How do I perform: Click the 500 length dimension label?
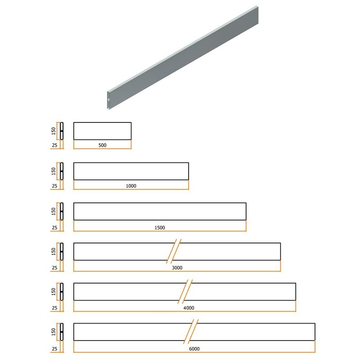[x=103, y=145]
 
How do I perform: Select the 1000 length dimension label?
[x=131, y=186]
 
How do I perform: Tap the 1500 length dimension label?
[x=160, y=228]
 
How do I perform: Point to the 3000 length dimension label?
[x=177, y=268]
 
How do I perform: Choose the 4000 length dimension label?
[x=189, y=308]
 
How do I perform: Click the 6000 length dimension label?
[x=194, y=349]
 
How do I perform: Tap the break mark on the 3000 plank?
[x=174, y=251]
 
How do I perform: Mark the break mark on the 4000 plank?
[x=185, y=291]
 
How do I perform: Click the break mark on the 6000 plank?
[x=191, y=332]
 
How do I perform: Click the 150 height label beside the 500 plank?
[x=54, y=131]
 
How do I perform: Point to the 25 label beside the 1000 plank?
[x=54, y=186]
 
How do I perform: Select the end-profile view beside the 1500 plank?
[x=62, y=211]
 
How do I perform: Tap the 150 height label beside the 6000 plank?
[x=54, y=332]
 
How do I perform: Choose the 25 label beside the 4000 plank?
[x=54, y=308]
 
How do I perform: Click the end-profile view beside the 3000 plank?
[x=62, y=252]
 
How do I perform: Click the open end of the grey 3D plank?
[x=108, y=100]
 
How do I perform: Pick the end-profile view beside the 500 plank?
[x=62, y=131]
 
